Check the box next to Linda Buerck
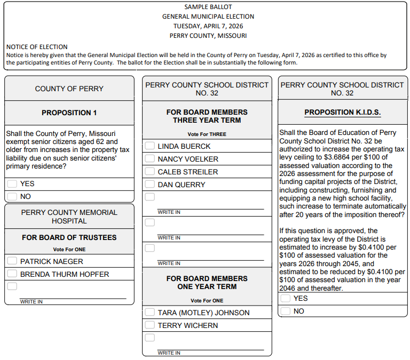point(149,146)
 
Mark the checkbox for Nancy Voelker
point(149,158)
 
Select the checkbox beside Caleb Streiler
point(149,171)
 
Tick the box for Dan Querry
point(149,184)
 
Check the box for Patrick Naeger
point(12,261)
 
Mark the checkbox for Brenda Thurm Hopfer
point(12,274)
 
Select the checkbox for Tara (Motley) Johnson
point(149,312)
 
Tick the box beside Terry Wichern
point(149,325)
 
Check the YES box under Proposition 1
point(12,183)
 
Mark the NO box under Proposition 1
point(12,196)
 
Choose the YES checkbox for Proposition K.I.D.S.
point(286,298)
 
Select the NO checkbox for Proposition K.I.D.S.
point(286,311)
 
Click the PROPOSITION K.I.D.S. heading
point(342,113)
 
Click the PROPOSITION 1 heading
point(69,113)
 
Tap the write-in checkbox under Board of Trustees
point(12,286)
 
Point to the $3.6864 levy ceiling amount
point(338,157)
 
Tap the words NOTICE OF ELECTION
point(37,47)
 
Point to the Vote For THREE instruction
point(207,134)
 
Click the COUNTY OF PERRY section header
point(69,89)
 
